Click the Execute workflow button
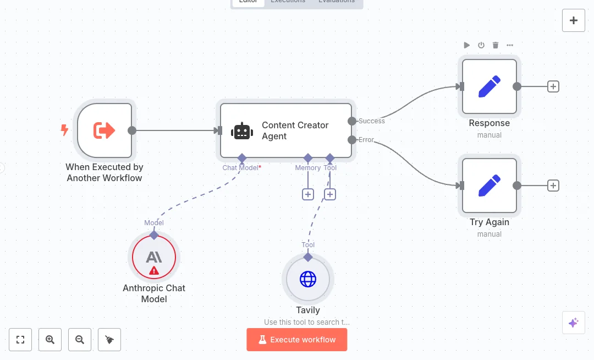(x=297, y=340)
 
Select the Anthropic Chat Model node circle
(x=154, y=257)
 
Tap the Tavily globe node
(x=308, y=279)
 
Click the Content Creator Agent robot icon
(x=242, y=131)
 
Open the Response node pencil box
(x=490, y=86)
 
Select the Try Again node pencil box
(x=490, y=186)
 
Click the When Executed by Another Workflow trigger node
(x=105, y=130)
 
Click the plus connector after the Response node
(x=553, y=86)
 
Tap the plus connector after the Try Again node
(x=553, y=186)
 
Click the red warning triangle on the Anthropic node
(x=154, y=270)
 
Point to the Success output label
(x=372, y=121)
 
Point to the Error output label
(x=366, y=140)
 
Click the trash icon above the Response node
(x=496, y=45)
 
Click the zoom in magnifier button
(x=50, y=340)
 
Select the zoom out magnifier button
(x=80, y=340)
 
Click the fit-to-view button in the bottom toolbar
(x=20, y=340)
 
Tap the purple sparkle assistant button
(x=573, y=323)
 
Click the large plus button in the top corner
(x=574, y=20)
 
